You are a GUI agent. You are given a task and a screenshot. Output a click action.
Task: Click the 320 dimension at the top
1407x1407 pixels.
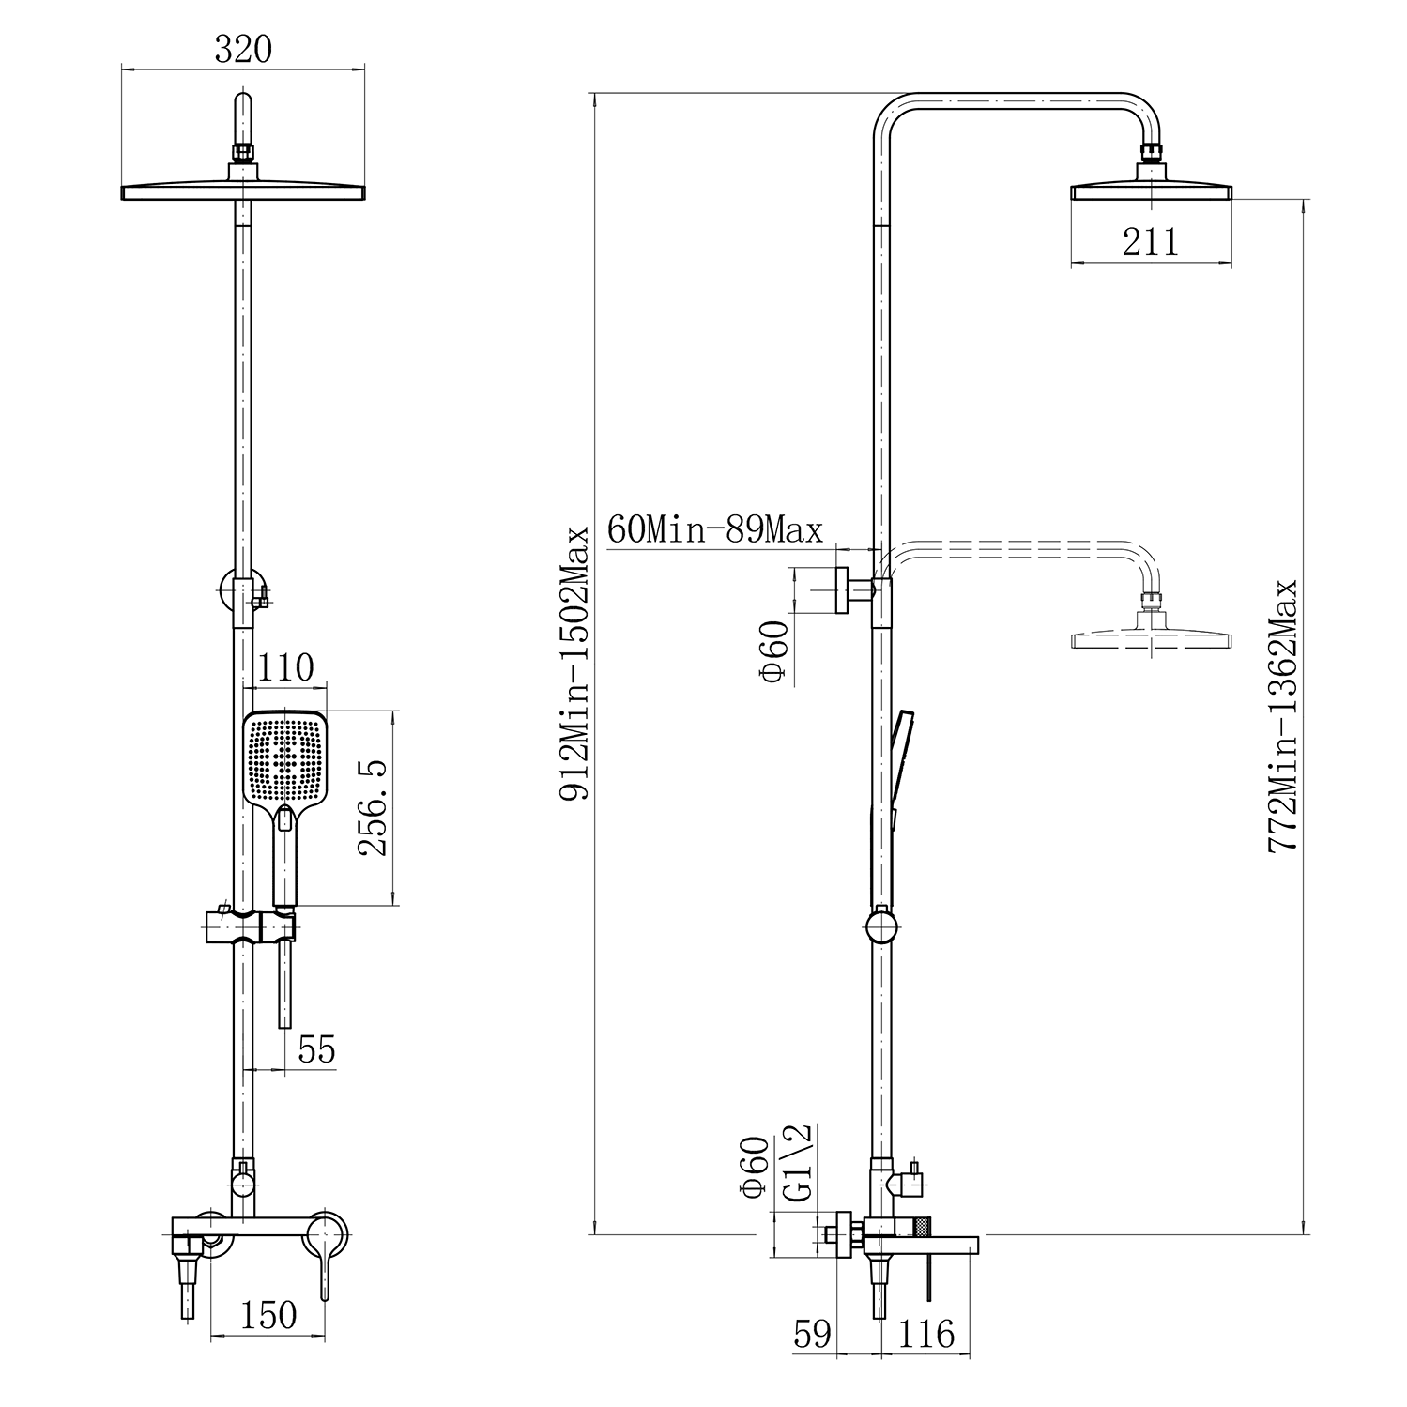coord(243,49)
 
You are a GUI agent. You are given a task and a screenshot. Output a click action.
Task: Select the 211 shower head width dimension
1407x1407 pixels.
coord(1151,242)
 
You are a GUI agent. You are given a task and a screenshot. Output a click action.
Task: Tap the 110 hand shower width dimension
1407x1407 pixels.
coord(285,668)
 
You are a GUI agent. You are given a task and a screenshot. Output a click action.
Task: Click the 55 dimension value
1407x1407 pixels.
coord(316,1048)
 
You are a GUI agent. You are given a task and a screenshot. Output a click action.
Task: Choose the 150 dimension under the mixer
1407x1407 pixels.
coord(268,1315)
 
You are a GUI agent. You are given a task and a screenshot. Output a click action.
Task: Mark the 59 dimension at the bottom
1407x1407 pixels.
coord(813,1334)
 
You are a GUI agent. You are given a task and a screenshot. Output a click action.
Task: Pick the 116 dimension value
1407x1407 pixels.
coord(926,1334)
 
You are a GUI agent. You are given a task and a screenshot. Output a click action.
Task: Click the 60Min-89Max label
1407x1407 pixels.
coord(715,529)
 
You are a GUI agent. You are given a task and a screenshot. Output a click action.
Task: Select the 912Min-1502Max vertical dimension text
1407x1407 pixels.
coord(574,664)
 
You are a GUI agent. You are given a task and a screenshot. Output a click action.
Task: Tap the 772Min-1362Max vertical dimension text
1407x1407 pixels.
coord(1282,715)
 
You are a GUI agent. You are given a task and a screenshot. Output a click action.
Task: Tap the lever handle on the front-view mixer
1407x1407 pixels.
coord(325,1254)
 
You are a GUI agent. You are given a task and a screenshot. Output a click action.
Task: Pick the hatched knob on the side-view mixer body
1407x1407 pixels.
coord(923,1225)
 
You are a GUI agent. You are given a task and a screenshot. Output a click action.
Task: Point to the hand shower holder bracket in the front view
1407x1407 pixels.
coord(250,926)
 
